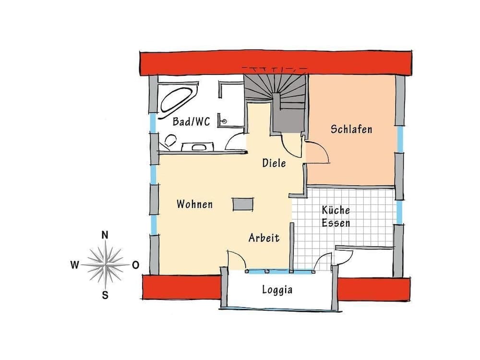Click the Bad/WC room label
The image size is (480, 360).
pos(191,122)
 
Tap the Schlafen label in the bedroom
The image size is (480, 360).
pos(351,129)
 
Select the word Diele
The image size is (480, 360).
pos(274,163)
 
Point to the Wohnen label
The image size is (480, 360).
pos(194,204)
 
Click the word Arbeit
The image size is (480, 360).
pos(264,238)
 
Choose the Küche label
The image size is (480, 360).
pos(336,210)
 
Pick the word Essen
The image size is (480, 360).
pos(336,223)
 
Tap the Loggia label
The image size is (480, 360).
pos(277,290)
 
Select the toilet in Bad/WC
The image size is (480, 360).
pos(169,141)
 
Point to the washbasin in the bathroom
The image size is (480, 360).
pos(198,146)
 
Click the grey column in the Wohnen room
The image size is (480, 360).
pos(243,204)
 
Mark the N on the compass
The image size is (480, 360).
pos(105,235)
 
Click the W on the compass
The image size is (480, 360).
pos(75,264)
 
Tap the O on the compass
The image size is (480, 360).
pos(136,264)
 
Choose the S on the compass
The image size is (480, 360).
pos(105,295)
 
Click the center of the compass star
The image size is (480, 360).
pos(105,264)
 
